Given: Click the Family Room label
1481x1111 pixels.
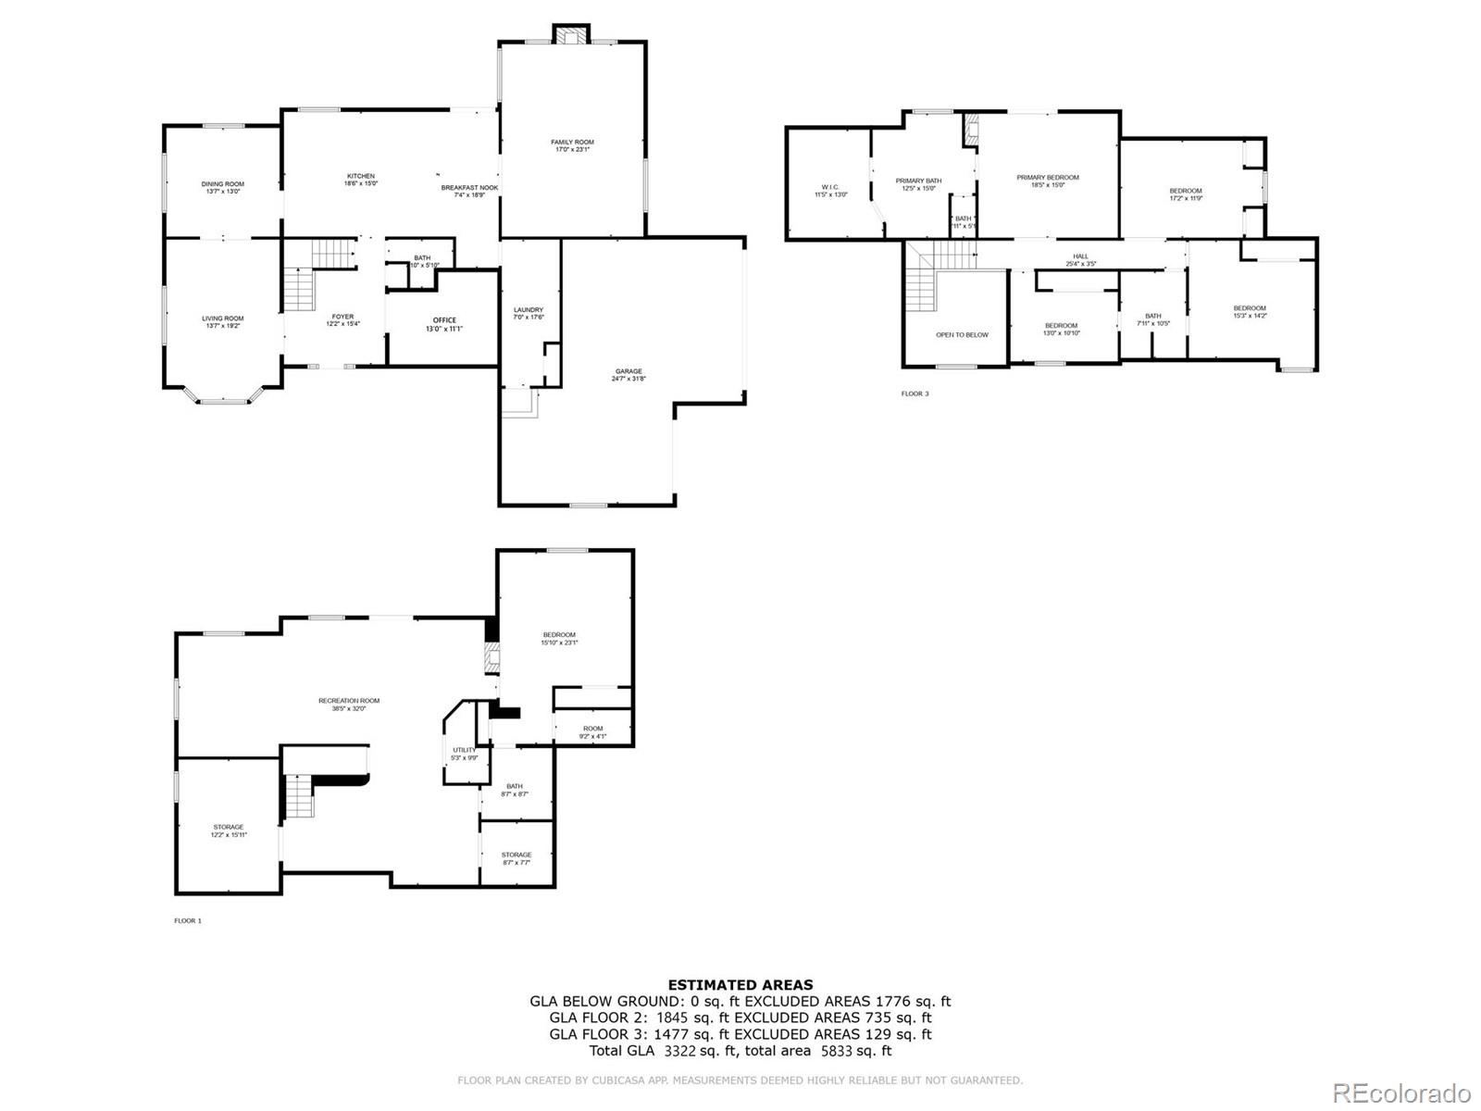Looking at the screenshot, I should pyautogui.click(x=572, y=145).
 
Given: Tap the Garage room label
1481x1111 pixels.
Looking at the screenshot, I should pyautogui.click(x=628, y=374).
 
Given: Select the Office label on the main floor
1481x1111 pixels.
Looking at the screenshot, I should pyautogui.click(x=444, y=324).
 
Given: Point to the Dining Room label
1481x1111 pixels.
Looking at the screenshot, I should pyautogui.click(x=223, y=187).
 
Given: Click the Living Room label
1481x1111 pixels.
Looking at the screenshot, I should pyautogui.click(x=223, y=321).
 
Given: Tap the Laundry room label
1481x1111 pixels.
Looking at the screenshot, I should pyautogui.click(x=529, y=313).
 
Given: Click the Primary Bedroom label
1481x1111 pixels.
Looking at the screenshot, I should pyautogui.click(x=1048, y=181).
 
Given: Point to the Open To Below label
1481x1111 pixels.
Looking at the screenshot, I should pyautogui.click(x=962, y=334).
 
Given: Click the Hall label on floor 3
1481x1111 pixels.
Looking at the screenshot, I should pyautogui.click(x=1080, y=260).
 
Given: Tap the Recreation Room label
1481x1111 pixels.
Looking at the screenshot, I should pyautogui.click(x=349, y=704).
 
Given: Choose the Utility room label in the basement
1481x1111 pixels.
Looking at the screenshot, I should pyautogui.click(x=464, y=754).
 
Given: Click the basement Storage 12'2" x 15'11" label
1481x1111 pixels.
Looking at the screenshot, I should pyautogui.click(x=228, y=830).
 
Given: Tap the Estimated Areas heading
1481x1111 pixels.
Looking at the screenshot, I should pyautogui.click(x=740, y=985).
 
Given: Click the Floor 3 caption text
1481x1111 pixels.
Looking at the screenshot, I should pyautogui.click(x=915, y=393).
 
